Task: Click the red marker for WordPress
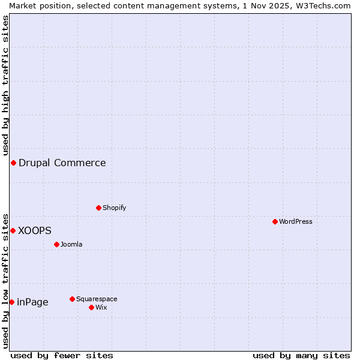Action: click(275, 221)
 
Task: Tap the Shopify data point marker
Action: click(98, 208)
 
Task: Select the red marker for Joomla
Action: click(56, 244)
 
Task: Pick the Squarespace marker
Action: click(72, 299)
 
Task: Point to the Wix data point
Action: click(91, 307)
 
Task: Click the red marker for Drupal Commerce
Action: click(13, 163)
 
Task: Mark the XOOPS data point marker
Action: click(13, 230)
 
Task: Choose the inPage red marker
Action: click(11, 302)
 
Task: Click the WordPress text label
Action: click(296, 221)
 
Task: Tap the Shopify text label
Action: click(115, 208)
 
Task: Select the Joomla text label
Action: click(71, 244)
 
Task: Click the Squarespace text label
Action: click(97, 299)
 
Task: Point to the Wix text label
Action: click(101, 307)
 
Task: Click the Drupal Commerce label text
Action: click(62, 163)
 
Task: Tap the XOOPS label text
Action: click(35, 230)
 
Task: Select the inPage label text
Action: click(32, 302)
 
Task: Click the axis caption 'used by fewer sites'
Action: click(62, 355)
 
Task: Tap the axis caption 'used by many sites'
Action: click(301, 355)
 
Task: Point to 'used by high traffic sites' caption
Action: click(5, 85)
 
